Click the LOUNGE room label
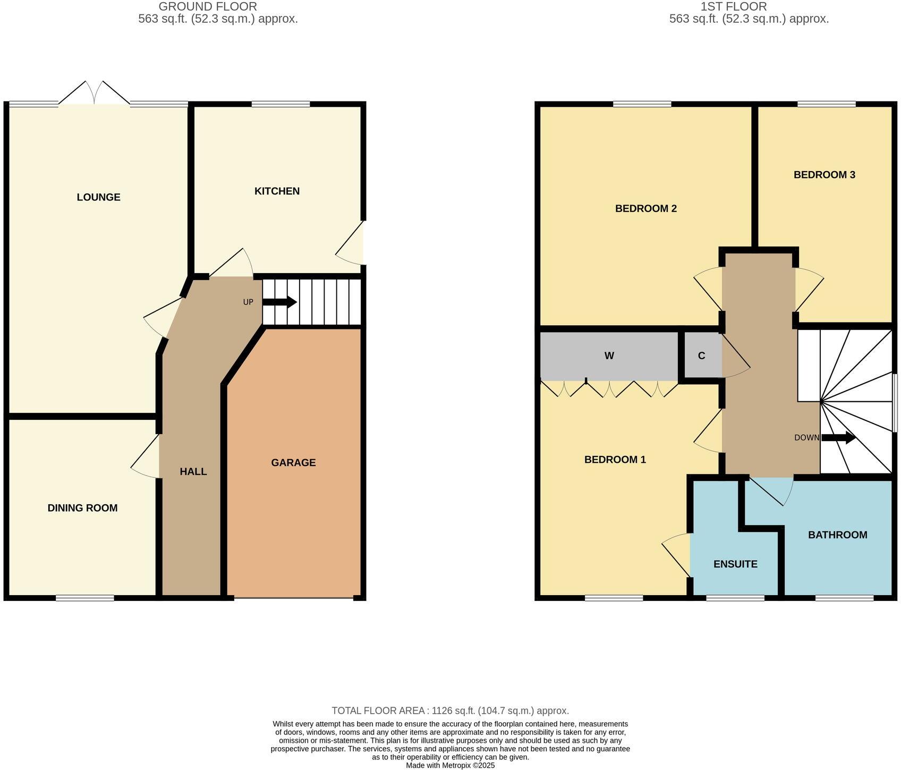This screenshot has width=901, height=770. coord(98,197)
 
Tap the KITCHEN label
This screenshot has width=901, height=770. coord(277,191)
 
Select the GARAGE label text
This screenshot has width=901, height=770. coord(293,462)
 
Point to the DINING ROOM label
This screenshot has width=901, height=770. coord(82,507)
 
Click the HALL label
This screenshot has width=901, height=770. coord(193,471)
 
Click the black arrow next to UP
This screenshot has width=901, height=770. coord(279,302)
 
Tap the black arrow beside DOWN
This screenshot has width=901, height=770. coord(838,438)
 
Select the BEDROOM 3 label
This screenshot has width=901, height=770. coord(824,174)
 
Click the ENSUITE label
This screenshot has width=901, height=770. coord(735,564)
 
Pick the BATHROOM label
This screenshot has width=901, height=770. coord(837,535)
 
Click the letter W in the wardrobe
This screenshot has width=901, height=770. coord(609,356)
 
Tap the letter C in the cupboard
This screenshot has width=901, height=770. coord(701,356)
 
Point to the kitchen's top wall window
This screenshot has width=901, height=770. coord(280,104)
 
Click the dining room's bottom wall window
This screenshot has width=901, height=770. coord(85,598)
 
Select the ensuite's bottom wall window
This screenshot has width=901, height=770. coord(735,598)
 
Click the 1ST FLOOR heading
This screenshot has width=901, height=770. coord(734,6)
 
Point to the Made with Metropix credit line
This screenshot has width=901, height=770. coord(450,765)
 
